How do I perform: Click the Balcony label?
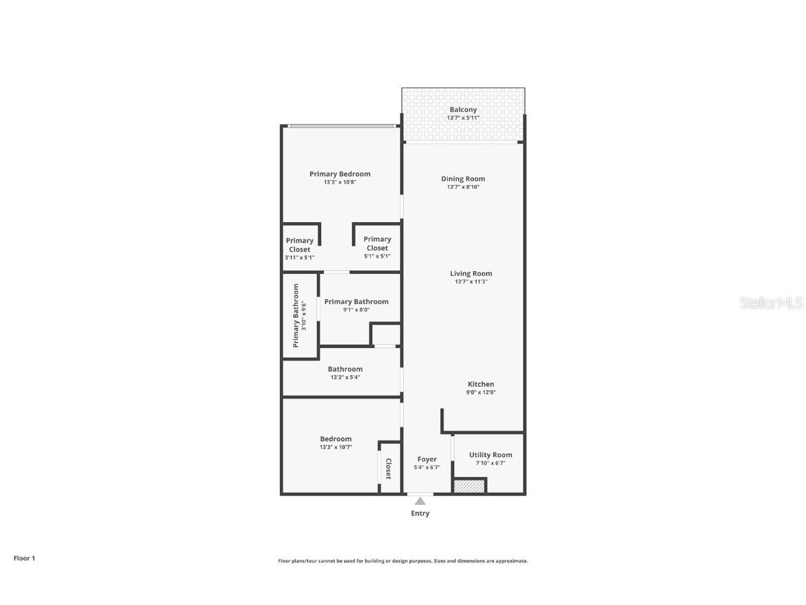[x=462, y=110]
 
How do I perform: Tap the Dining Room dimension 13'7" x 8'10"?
[x=462, y=187]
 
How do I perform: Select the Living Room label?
[x=471, y=274]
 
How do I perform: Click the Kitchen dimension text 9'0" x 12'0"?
[x=481, y=392]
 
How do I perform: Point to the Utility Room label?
[x=490, y=455]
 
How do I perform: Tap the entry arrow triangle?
[x=420, y=501]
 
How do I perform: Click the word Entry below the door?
[x=420, y=513]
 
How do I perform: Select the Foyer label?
[x=427, y=459]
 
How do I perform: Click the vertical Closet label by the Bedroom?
[x=388, y=468]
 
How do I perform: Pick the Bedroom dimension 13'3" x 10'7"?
[x=336, y=447]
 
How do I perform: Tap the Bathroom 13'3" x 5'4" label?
[x=345, y=373]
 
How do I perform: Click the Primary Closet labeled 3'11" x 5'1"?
[x=299, y=248]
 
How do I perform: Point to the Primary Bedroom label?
[x=340, y=174]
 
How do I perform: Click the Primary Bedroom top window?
[x=341, y=126]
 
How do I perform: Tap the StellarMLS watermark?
[x=771, y=302]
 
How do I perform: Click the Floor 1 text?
[x=24, y=558]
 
